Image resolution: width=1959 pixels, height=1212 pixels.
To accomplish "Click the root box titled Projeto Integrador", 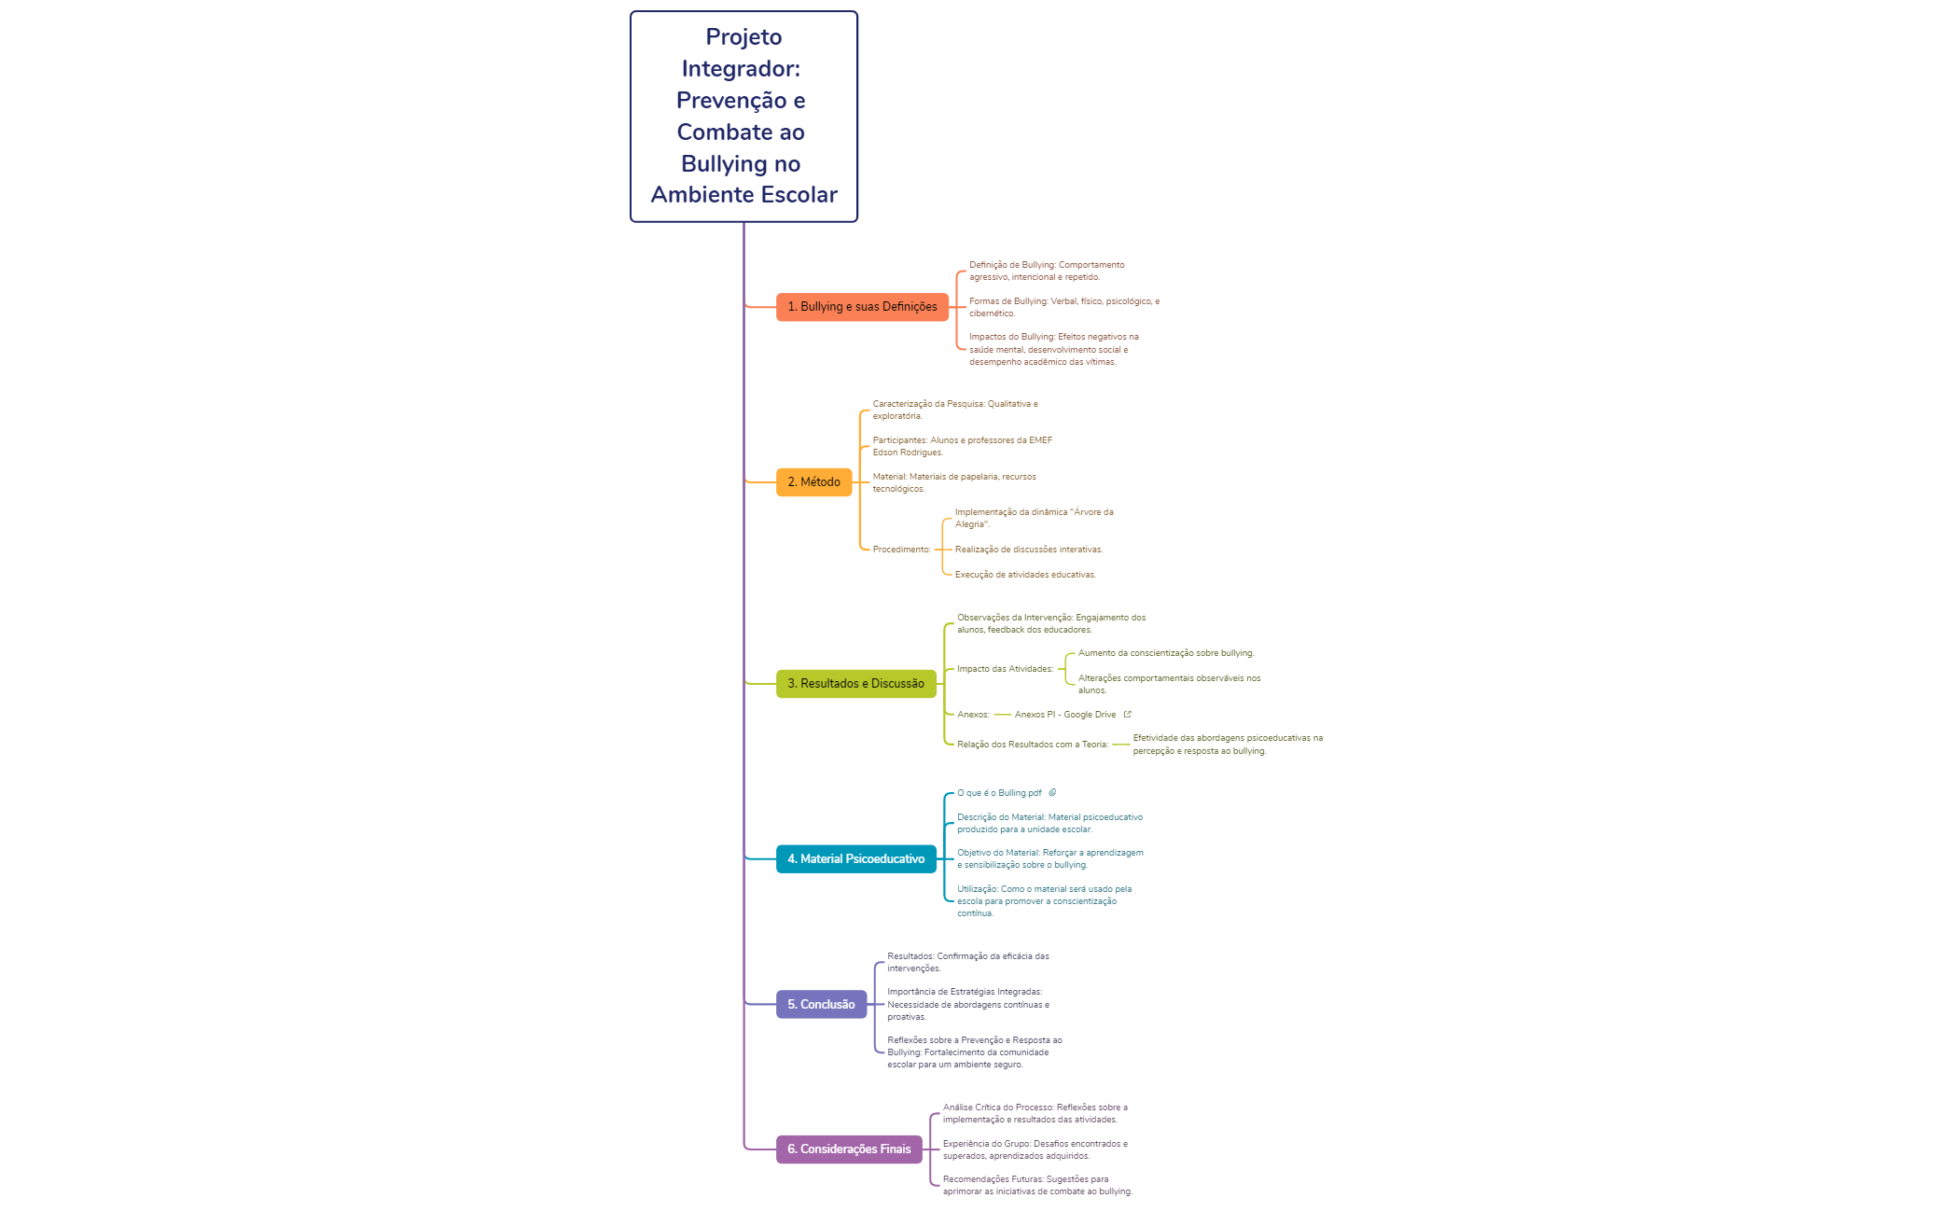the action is tap(743, 117).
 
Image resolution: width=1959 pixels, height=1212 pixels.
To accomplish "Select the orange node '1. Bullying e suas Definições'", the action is tap(862, 307).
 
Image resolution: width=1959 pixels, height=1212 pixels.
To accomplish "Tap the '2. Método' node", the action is tap(813, 482).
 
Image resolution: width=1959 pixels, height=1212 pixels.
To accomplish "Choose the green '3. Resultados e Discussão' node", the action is tap(855, 684).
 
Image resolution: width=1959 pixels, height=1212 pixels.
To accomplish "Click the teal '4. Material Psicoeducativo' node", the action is tap(855, 859).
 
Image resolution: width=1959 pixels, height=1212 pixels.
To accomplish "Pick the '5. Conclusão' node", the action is tap(821, 1005).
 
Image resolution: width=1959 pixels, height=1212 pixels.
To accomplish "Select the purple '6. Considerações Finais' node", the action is tap(849, 1149).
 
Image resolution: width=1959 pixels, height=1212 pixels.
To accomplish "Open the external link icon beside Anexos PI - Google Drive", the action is tap(1127, 715).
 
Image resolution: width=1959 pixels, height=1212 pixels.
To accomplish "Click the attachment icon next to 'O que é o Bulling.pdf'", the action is tap(1052, 793).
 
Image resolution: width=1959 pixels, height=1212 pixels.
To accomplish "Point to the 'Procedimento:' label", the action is tap(901, 550).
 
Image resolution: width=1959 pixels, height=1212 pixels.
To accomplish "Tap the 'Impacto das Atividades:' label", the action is tap(1005, 669).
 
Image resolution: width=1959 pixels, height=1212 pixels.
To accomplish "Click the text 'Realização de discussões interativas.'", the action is tap(1029, 550).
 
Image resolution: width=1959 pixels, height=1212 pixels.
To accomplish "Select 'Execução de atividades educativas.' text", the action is tap(1025, 575).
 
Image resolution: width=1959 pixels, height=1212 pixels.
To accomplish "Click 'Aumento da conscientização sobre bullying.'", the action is tap(1166, 653).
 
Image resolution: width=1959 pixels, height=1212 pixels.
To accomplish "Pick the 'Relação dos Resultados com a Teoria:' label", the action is tap(1033, 745).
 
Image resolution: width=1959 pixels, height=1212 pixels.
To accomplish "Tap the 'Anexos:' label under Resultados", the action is tap(973, 715).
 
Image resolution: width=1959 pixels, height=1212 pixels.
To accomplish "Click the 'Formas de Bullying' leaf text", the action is tap(1064, 307).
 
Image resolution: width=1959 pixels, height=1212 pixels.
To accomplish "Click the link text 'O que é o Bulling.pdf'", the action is tap(999, 793).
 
